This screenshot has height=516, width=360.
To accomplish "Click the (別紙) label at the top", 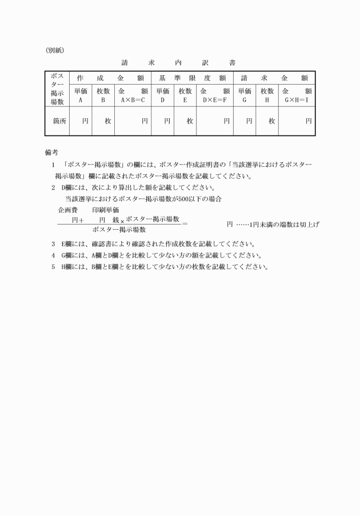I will pyautogui.click(x=55, y=50).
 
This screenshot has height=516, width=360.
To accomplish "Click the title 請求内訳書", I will pyautogui.click(x=178, y=62).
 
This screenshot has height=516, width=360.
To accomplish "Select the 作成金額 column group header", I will pyautogui.click(x=110, y=78).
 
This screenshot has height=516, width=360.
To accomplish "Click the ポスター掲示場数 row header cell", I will pyautogui.click(x=57, y=89).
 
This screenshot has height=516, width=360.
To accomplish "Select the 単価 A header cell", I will pyautogui.click(x=81, y=95).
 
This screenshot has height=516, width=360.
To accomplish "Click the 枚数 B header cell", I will pyautogui.click(x=103, y=95).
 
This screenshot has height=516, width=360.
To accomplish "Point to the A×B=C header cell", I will pyautogui.click(x=133, y=95).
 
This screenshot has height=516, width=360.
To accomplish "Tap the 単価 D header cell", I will pyautogui.click(x=162, y=95).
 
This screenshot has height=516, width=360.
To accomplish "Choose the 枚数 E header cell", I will pyautogui.click(x=185, y=95).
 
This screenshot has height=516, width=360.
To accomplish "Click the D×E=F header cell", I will pyautogui.click(x=215, y=95).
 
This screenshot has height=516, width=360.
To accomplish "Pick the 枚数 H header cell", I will pyautogui.click(x=267, y=95).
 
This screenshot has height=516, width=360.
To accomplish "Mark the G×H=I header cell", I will pyautogui.click(x=297, y=95).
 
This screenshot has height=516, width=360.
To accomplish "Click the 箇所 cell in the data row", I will pyautogui.click(x=57, y=121).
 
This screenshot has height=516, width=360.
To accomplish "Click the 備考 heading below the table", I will pyautogui.click(x=51, y=152).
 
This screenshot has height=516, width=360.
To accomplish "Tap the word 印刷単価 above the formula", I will pyautogui.click(x=105, y=210).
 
